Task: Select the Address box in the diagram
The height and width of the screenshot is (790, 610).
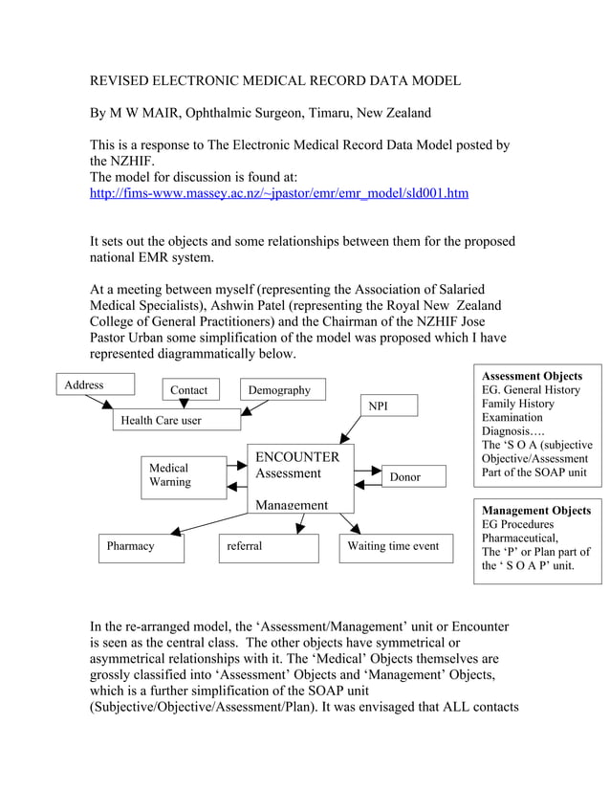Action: click(94, 385)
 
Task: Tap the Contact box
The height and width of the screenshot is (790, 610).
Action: click(189, 390)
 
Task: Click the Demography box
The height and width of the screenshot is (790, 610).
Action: click(280, 390)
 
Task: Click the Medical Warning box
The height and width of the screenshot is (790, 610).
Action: click(183, 475)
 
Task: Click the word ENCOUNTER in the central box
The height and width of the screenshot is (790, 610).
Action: click(296, 457)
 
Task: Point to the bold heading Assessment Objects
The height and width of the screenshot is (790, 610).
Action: click(532, 377)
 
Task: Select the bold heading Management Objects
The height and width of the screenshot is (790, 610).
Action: click(535, 511)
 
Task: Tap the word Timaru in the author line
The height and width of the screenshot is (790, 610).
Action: click(328, 113)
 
